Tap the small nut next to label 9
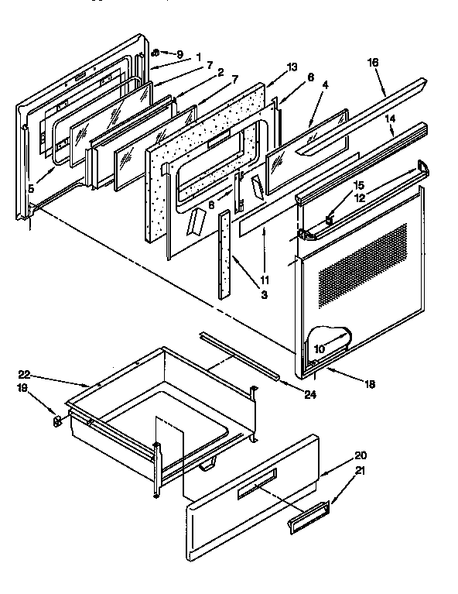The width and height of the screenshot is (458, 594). (x=156, y=53)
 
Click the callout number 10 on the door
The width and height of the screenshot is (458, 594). (x=319, y=349)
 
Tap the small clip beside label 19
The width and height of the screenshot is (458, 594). (x=56, y=421)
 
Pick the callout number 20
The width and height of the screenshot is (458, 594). (x=338, y=455)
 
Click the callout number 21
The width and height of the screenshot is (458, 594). (x=338, y=471)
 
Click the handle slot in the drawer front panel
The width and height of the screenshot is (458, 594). (x=256, y=487)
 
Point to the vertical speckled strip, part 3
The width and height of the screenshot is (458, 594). (x=224, y=255)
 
